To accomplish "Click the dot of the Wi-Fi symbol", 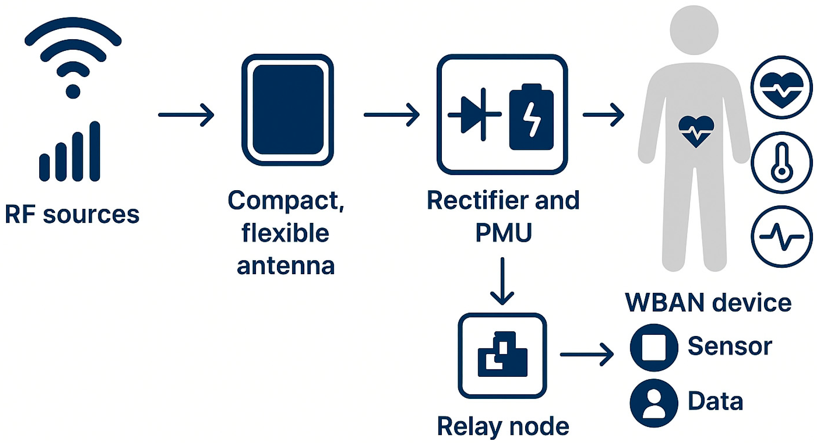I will (73, 92).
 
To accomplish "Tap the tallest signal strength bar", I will (95, 151).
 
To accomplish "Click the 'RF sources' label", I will (72, 214).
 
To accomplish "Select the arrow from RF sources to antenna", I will (186, 115).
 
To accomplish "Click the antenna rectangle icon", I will (287, 110).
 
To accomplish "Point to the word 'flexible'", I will (285, 233).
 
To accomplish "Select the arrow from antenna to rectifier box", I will (391, 115).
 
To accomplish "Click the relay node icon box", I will (502, 355).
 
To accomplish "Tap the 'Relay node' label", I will (503, 426).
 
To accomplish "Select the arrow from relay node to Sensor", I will (587, 355).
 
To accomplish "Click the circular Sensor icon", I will (654, 347).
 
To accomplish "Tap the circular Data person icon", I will (654, 403).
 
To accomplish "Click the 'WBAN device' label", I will (708, 302).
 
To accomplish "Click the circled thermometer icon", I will (781, 163).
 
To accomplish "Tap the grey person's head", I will (694, 30).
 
